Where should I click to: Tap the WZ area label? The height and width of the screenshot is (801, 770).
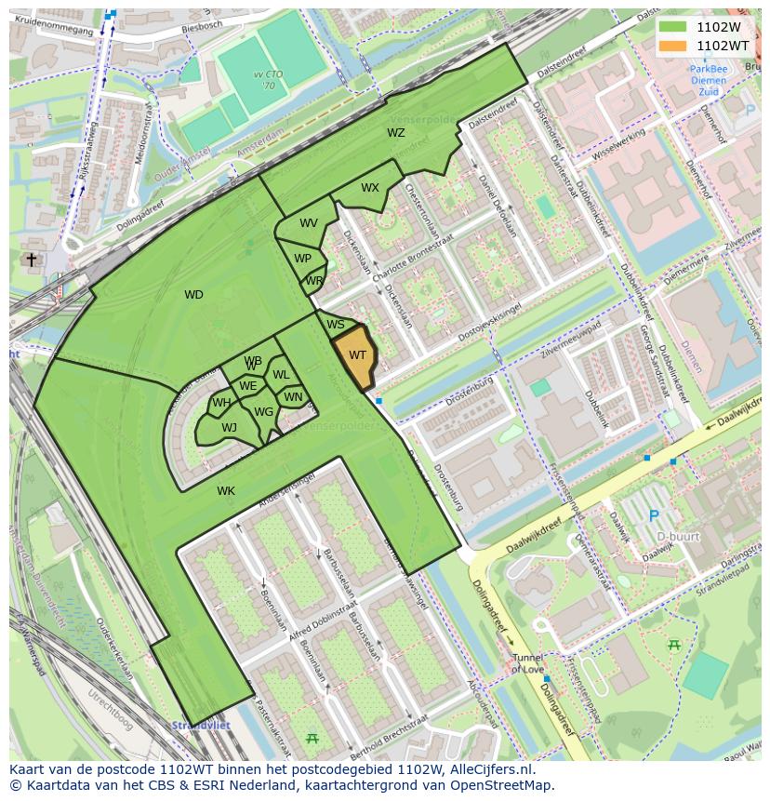[396, 133]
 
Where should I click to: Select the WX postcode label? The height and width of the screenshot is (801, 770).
[370, 188]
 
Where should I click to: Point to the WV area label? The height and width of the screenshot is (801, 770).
[309, 223]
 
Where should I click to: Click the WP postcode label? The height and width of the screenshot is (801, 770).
[302, 259]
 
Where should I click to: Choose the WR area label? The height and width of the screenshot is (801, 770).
[313, 281]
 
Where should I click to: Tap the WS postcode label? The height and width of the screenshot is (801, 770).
[336, 325]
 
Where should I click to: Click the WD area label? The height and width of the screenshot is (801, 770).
[193, 295]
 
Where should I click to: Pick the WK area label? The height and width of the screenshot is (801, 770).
[226, 490]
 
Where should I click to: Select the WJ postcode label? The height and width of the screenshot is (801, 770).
[229, 428]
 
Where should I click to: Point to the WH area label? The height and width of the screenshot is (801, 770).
[221, 403]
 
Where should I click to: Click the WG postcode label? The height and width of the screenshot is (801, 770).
[263, 412]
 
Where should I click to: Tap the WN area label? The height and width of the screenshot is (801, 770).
[293, 397]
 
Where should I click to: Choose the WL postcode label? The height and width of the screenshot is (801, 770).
[281, 375]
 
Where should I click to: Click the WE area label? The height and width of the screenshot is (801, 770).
[247, 386]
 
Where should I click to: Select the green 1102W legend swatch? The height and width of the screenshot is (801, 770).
[672, 27]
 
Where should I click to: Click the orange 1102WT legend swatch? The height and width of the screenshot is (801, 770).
[672, 45]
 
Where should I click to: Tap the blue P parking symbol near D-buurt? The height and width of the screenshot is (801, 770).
[653, 515]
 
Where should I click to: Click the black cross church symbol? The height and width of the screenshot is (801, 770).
[31, 260]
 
